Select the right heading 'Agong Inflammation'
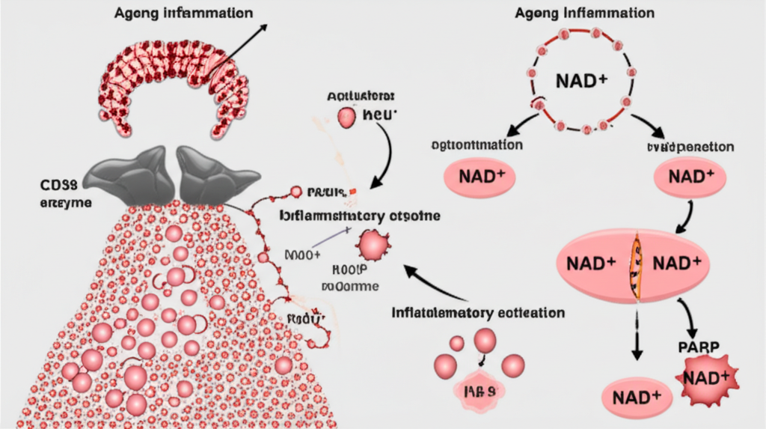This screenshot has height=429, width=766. (x=585, y=13)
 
